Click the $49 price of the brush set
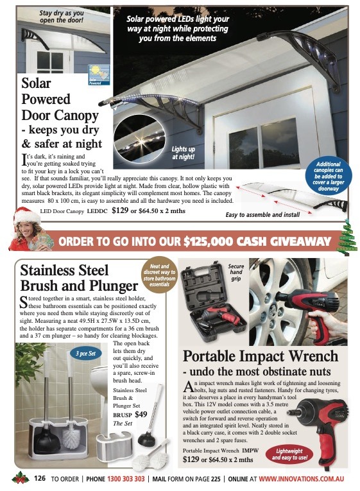[141, 414]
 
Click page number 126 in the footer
[40, 478]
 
